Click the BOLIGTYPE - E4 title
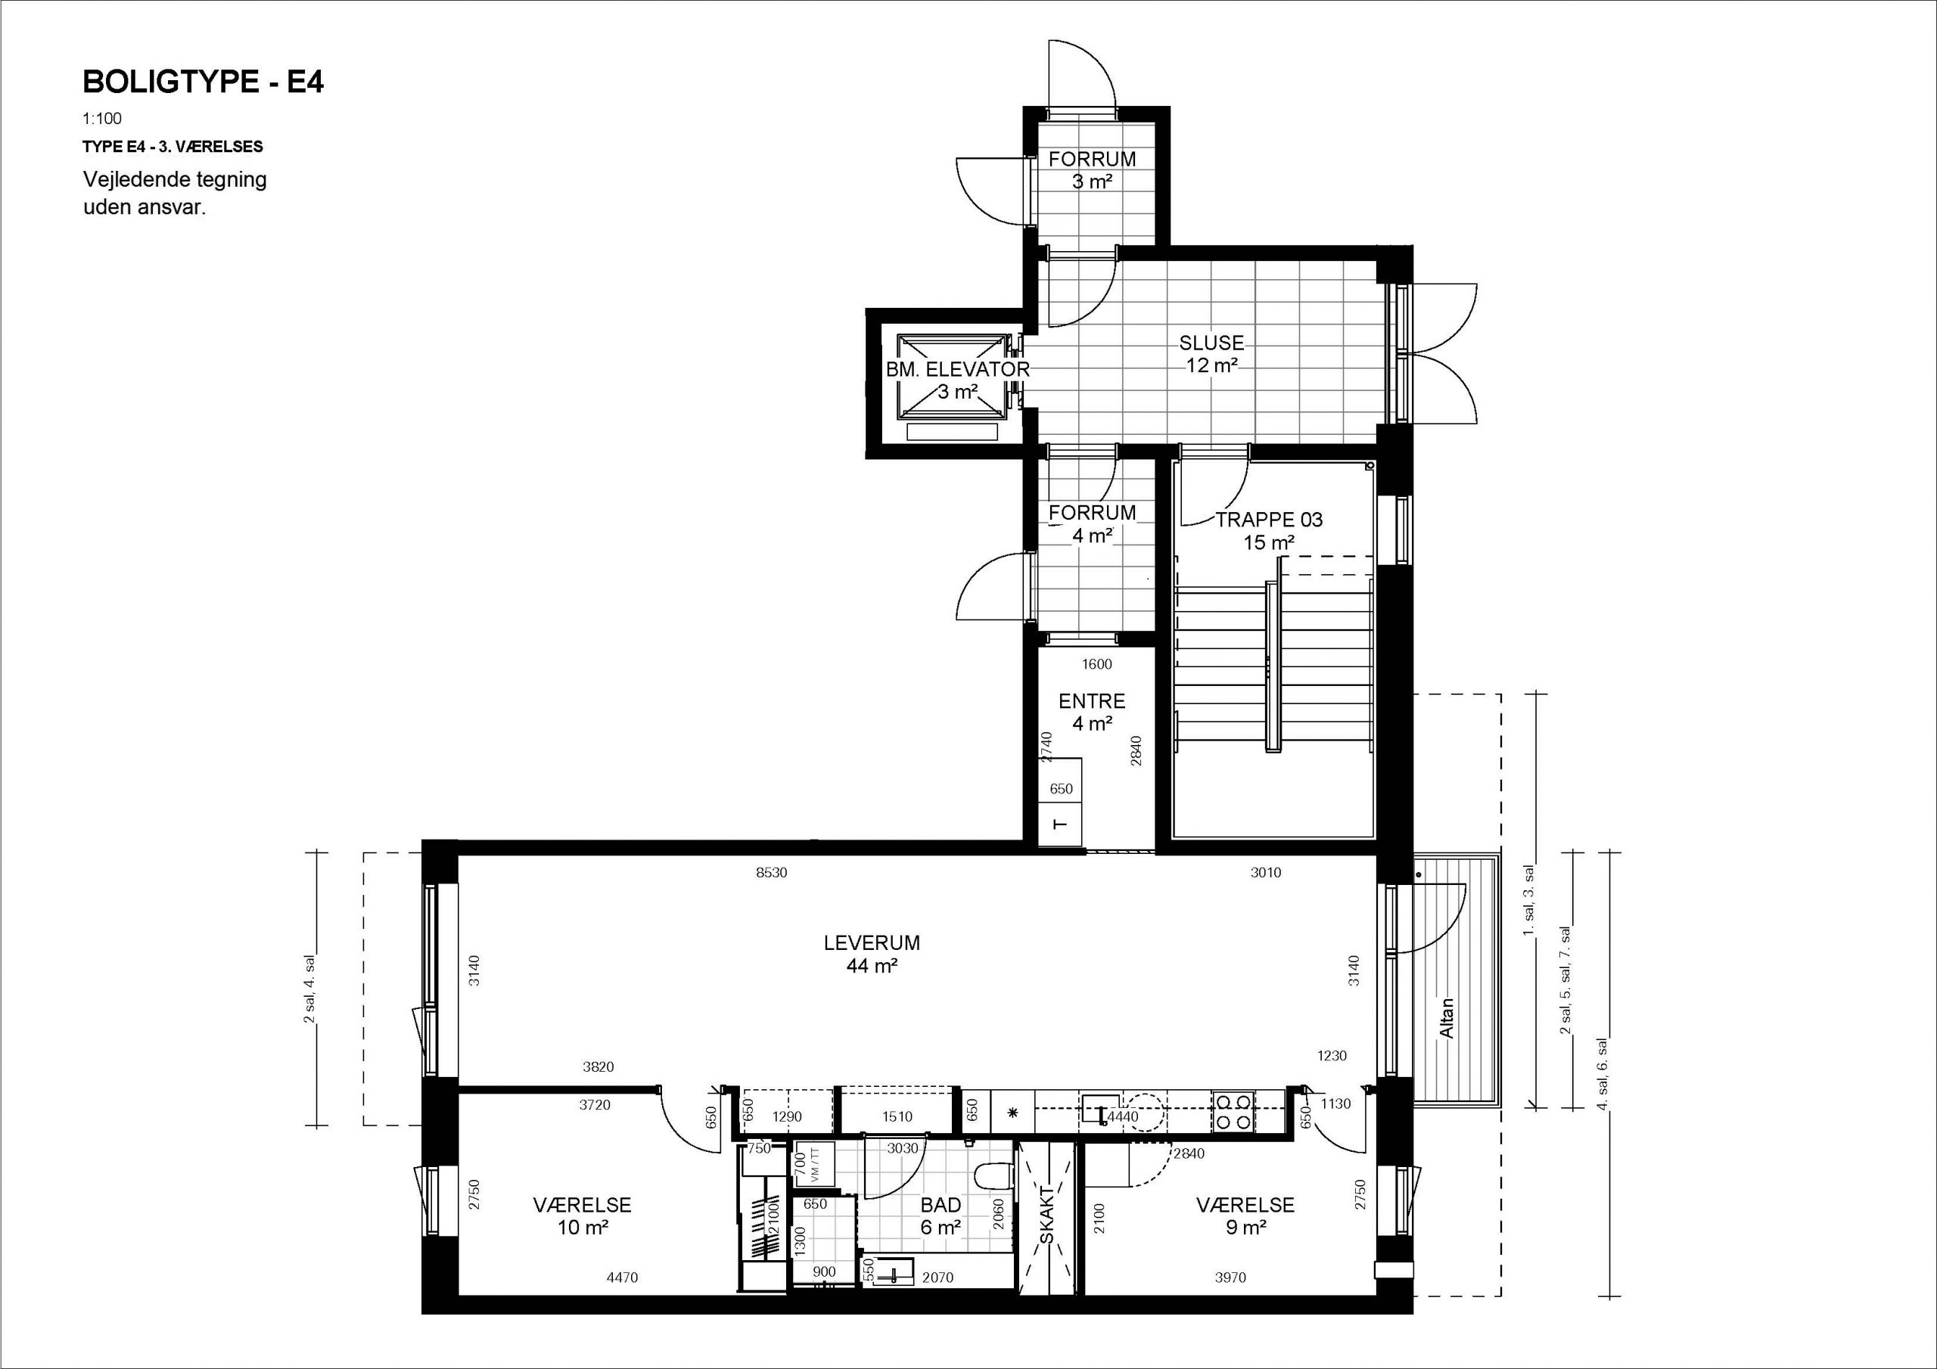(x=204, y=82)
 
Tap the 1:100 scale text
(x=102, y=119)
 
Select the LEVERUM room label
(x=872, y=942)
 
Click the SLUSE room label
(x=1211, y=343)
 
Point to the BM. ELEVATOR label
(x=958, y=369)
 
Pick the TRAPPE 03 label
(x=1269, y=520)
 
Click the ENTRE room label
(x=1092, y=701)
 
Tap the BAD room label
(x=941, y=1206)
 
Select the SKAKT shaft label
(x=1047, y=1215)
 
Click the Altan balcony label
(x=1446, y=1019)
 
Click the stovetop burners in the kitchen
(x=1232, y=1111)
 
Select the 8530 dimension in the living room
(x=771, y=873)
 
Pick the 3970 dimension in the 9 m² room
(x=1230, y=1278)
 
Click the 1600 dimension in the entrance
(x=1096, y=664)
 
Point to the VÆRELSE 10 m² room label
(x=582, y=1216)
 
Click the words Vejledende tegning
(x=175, y=180)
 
